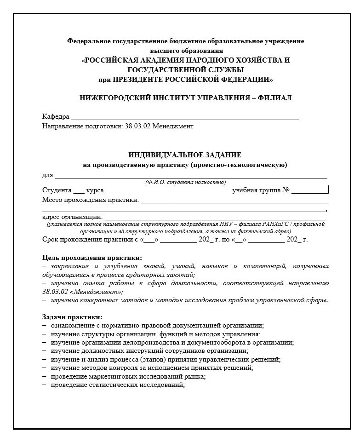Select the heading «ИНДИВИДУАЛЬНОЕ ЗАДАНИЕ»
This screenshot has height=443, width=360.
(x=185, y=155)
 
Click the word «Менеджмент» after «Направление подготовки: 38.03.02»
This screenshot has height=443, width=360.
(x=173, y=126)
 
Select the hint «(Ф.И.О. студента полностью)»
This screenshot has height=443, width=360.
(x=185, y=183)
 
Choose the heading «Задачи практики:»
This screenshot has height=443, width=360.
(x=72, y=317)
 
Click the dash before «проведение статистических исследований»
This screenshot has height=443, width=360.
(x=45, y=385)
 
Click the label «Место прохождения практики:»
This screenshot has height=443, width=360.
(x=91, y=200)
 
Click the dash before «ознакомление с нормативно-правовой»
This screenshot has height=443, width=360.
(x=45, y=325)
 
